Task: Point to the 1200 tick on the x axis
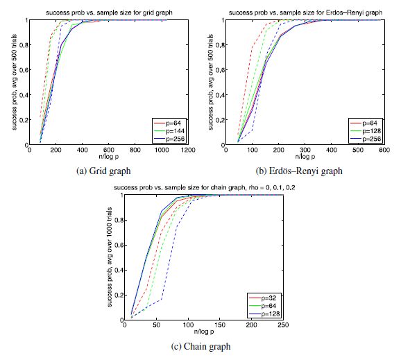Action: point(188,151)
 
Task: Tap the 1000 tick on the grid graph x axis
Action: point(162,151)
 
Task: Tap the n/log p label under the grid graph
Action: point(109,159)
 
